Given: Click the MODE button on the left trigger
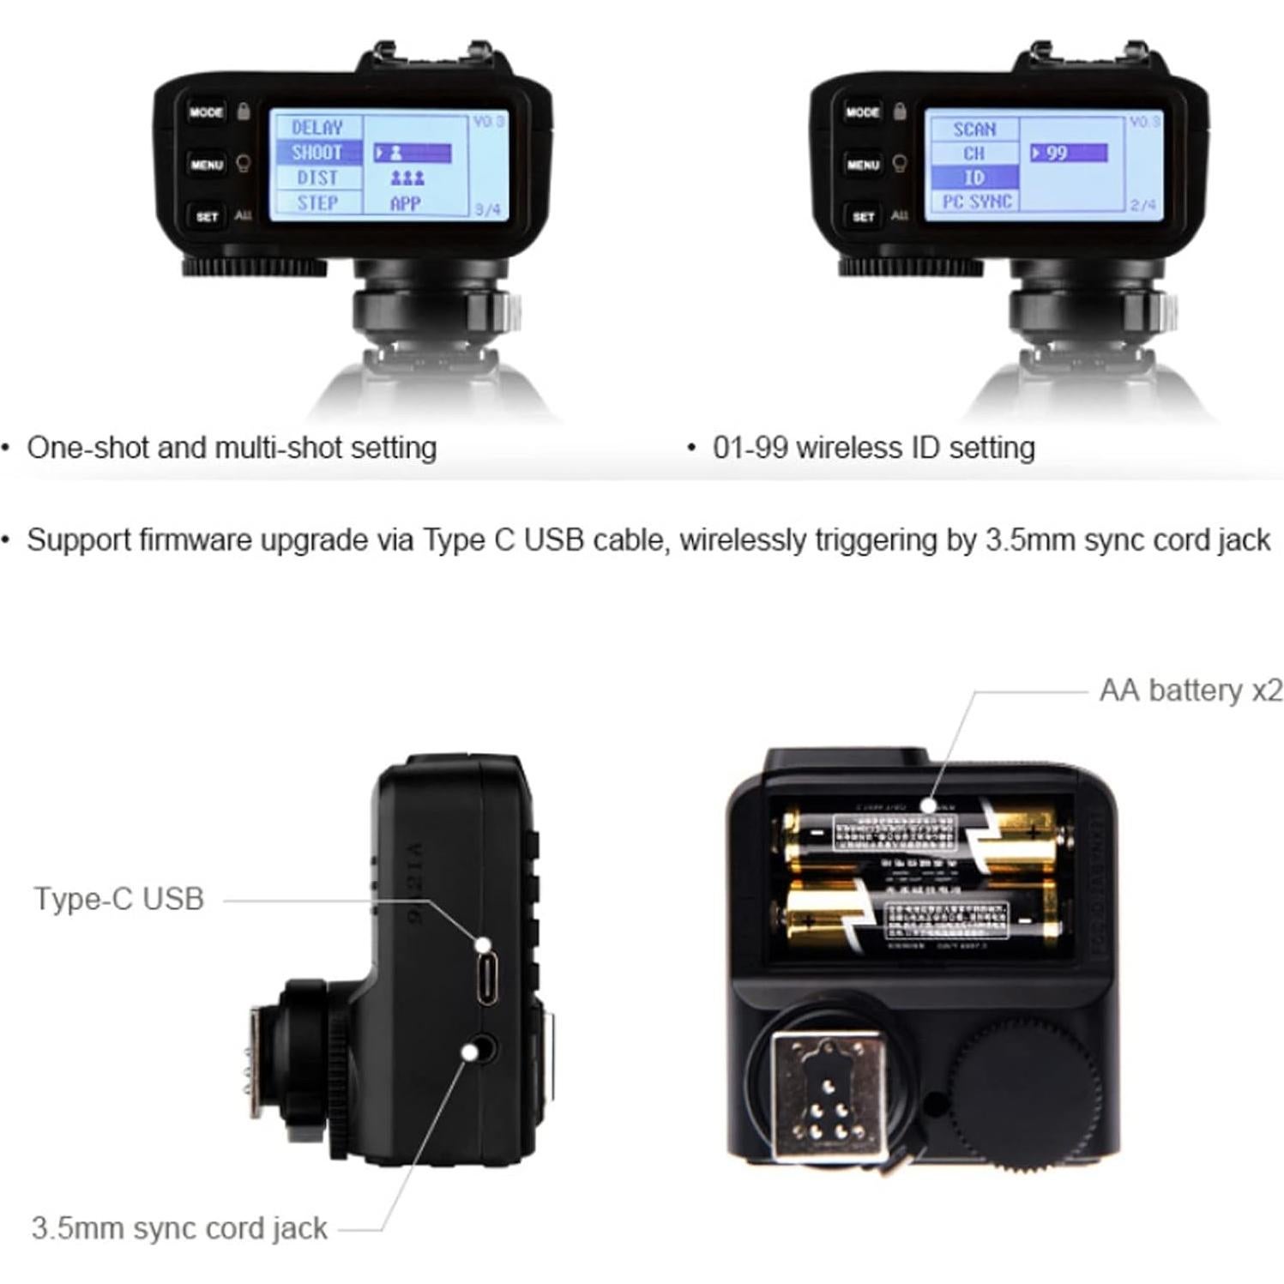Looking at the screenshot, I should (x=206, y=112).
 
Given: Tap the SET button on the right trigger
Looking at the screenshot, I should (x=863, y=217).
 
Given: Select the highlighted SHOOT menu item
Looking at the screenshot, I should (x=316, y=153).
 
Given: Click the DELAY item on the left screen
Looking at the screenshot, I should (x=316, y=128).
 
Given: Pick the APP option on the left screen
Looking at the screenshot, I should (x=405, y=204).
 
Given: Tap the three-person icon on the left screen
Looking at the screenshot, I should (x=407, y=178).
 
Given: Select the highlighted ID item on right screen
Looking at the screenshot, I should (x=974, y=178).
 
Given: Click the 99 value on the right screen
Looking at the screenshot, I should (x=1068, y=154).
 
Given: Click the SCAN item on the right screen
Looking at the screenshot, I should (x=974, y=130).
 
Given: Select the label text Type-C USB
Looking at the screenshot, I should (x=119, y=899).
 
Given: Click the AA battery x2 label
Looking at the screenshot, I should (x=1191, y=690).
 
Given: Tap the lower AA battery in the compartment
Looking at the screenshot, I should (x=922, y=918).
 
